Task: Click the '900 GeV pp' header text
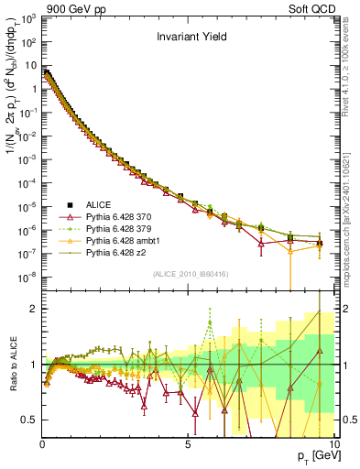tap(70, 7)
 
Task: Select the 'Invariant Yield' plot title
tap(189, 38)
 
